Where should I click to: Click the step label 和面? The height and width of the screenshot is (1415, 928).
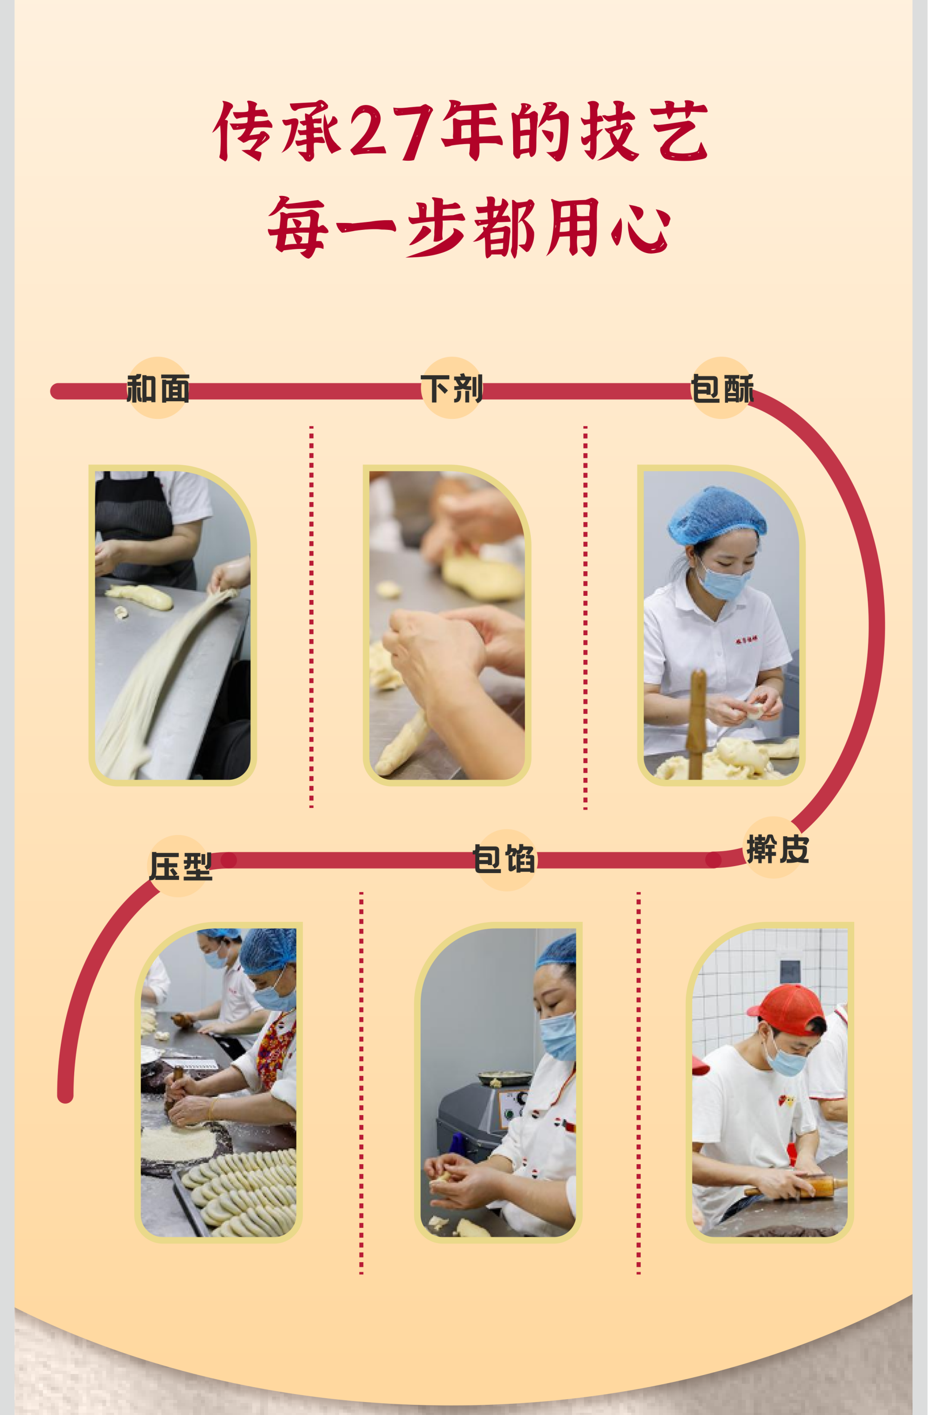pos(158,389)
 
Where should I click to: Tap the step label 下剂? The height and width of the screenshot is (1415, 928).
pos(451,389)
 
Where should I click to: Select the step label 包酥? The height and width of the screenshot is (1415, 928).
pos(722,389)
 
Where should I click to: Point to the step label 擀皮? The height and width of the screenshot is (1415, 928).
pos(778,849)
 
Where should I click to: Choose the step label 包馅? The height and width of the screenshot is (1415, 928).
pos(504,859)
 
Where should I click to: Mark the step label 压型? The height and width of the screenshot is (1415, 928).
pos(180,866)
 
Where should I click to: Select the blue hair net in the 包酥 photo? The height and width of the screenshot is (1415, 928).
pos(717,515)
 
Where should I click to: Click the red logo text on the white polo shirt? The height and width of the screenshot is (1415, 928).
pos(746,640)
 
